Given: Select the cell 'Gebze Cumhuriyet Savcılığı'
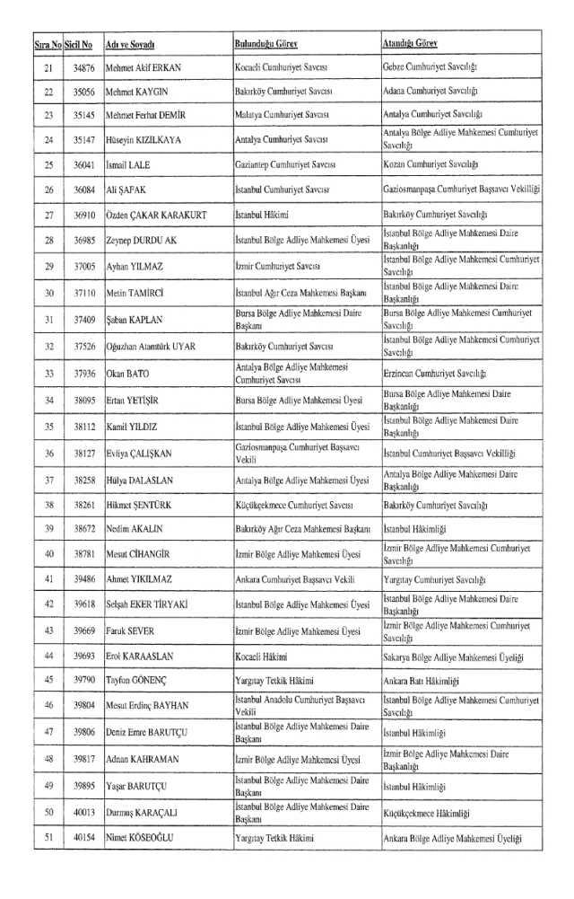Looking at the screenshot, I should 430,68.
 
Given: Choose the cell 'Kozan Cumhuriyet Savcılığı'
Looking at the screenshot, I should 430,164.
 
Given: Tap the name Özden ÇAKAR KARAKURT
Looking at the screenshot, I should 155,216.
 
